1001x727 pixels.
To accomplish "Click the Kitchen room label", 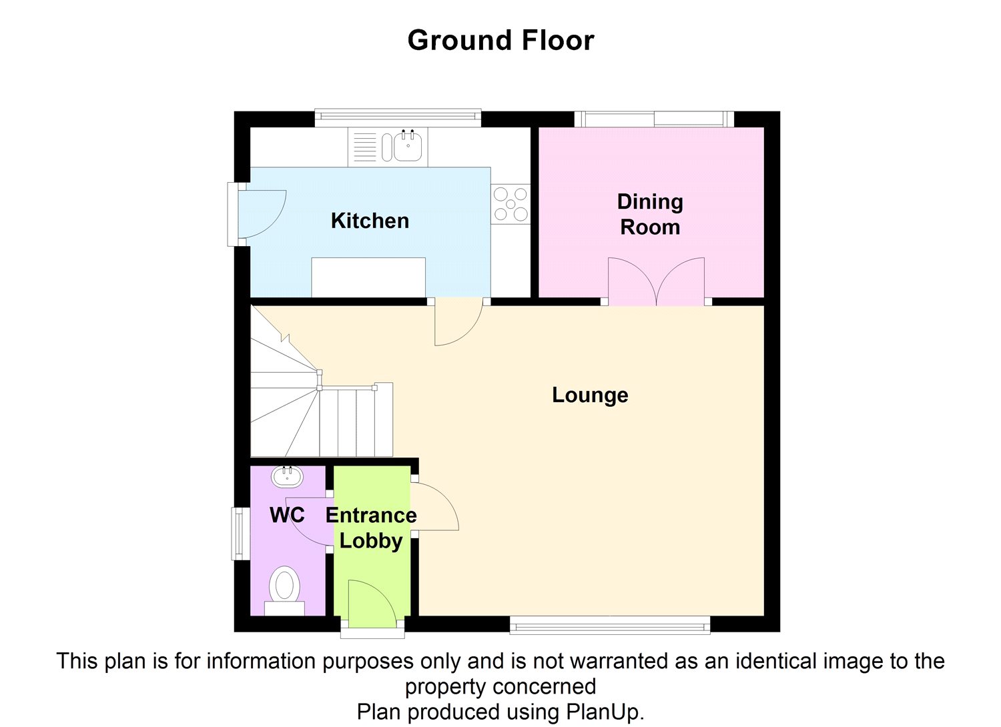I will coord(370,221).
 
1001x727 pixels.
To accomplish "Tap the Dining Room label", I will coord(650,214).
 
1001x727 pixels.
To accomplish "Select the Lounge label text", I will coord(590,395).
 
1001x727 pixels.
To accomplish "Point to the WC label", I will coord(287,515).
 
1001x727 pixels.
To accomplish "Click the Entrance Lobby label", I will coord(371,528).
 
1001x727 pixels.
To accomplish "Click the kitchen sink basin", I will coord(408,146).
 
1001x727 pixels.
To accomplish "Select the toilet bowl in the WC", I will coord(285,586).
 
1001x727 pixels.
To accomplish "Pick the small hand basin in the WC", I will coord(288,476).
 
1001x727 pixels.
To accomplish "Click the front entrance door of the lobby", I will coord(371,604).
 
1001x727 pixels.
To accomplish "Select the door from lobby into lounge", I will coord(434,507).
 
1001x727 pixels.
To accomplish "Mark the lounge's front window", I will coord(609,626).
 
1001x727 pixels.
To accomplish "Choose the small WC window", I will coord(237,534).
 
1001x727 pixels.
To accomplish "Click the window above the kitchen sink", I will coord(398,117).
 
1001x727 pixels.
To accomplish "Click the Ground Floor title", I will coord(500,41).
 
